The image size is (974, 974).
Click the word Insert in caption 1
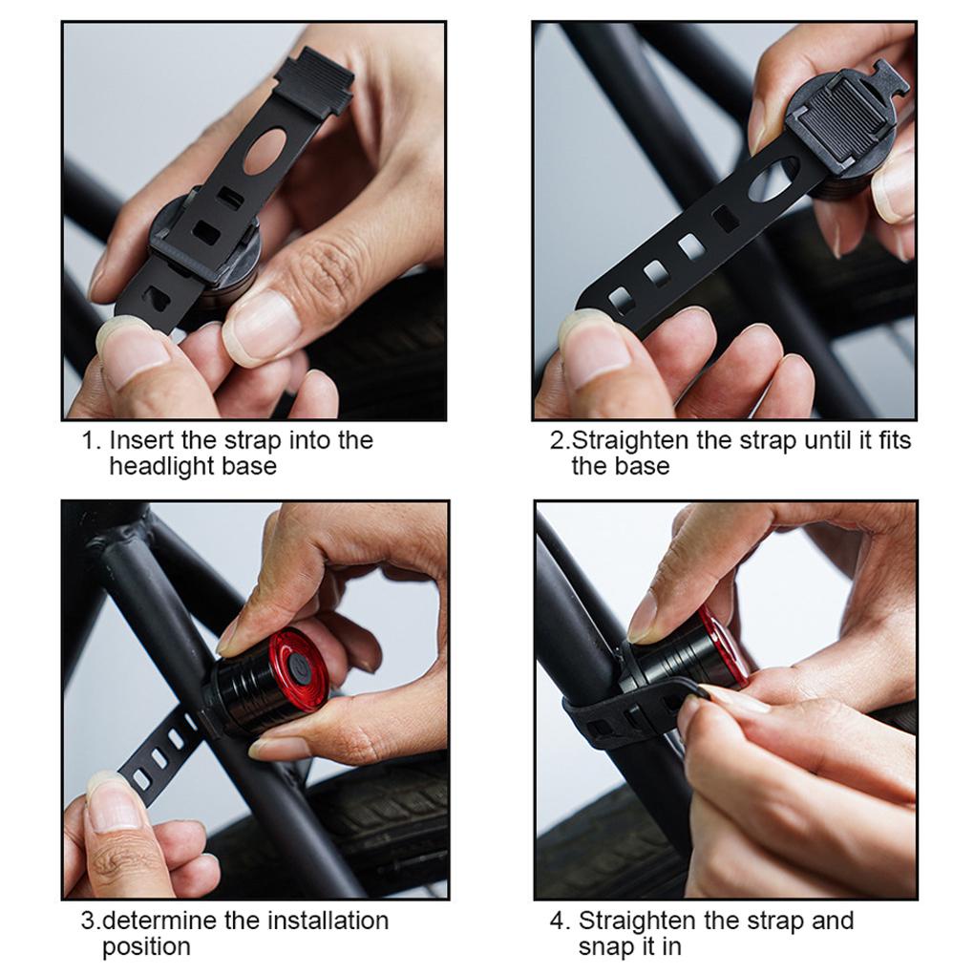[141, 440]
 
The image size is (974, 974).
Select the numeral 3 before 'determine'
[89, 921]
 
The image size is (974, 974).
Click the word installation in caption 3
[328, 921]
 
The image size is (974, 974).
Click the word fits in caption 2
[895, 440]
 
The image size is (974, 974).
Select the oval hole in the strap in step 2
[773, 180]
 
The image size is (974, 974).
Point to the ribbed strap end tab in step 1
[314, 83]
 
